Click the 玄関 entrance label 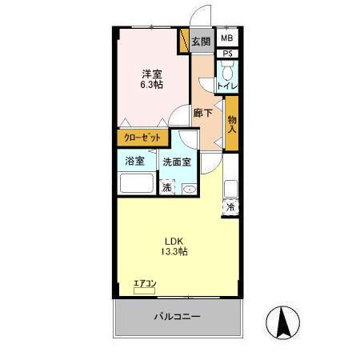[x=201, y=41]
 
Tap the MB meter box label [x=227, y=38]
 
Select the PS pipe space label [x=228, y=54]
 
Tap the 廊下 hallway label [x=203, y=114]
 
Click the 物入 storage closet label [x=232, y=122]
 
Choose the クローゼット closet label [x=142, y=138]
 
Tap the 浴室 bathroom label [x=134, y=162]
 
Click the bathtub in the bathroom [x=136, y=184]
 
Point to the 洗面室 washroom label [x=176, y=162]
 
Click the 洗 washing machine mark [x=166, y=188]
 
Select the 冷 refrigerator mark [x=230, y=207]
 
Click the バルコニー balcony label [x=177, y=317]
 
